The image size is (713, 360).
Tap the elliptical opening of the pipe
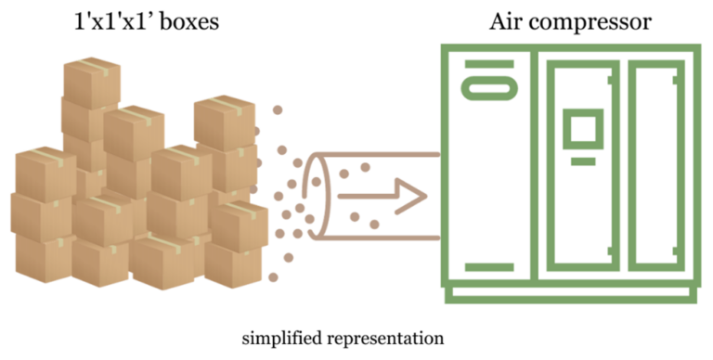tap(317, 196)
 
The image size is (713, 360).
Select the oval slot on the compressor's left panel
tap(488, 88)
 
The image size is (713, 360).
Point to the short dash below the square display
tap(583, 161)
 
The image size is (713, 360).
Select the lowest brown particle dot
tap(273, 276)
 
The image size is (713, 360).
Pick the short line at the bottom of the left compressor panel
tap(488, 267)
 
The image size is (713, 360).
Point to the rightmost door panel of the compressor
tap(657, 167)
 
